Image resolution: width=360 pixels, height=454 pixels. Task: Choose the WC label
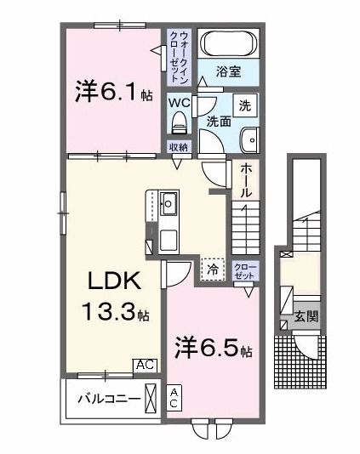tap(179, 103)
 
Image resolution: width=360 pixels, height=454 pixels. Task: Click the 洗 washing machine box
tap(243, 107)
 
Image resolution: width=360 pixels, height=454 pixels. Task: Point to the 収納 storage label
tap(178, 147)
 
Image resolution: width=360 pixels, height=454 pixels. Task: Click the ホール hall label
tap(245, 180)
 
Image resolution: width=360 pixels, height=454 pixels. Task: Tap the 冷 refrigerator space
tap(213, 268)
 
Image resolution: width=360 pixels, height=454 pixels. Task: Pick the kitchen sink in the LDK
tap(169, 204)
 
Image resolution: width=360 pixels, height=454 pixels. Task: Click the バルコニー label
tap(104, 397)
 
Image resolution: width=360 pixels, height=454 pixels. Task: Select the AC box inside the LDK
tap(145, 364)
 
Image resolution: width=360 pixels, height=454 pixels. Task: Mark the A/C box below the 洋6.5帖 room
tap(174, 397)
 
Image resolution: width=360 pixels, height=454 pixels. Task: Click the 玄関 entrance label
tap(306, 317)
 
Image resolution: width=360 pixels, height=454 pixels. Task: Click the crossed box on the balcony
tap(151, 397)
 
